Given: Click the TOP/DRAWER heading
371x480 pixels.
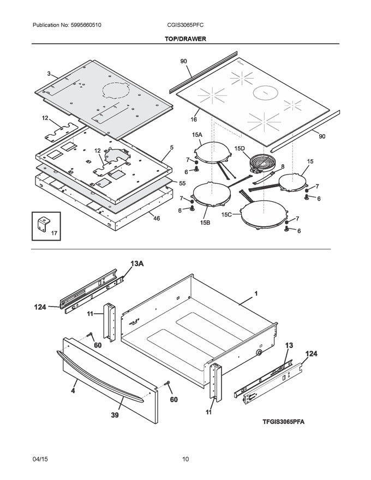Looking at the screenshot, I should click(x=185, y=39).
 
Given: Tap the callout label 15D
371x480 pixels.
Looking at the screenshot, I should click(x=240, y=148).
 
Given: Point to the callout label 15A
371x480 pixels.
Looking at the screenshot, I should click(x=196, y=134).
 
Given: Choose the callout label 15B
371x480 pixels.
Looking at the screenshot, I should click(x=205, y=223).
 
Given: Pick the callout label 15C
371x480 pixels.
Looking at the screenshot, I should click(x=228, y=215).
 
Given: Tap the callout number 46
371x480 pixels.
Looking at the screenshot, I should click(x=157, y=218).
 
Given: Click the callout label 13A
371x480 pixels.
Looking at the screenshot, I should click(x=136, y=263).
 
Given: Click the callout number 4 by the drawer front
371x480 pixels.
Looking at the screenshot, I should click(x=73, y=391).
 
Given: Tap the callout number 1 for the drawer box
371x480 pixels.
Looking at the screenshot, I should click(x=255, y=295).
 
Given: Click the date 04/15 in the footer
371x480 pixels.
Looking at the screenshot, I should click(x=40, y=459).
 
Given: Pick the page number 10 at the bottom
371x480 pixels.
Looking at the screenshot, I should click(x=185, y=459).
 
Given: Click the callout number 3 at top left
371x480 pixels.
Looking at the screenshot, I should click(x=49, y=74).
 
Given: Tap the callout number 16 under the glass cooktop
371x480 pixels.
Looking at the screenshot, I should click(x=193, y=118).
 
